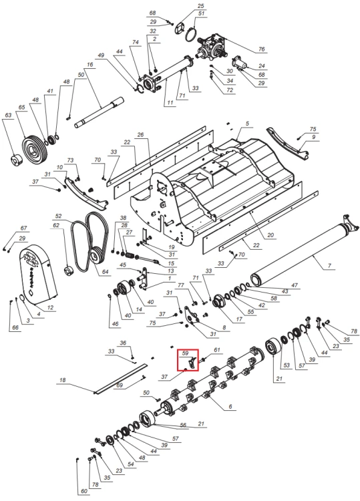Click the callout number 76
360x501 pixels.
coord(262,49)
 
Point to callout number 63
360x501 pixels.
coord(8,115)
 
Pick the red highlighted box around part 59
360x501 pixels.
coord(188,360)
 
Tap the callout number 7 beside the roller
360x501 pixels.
coord(330,265)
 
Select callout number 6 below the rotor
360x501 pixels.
coord(230,407)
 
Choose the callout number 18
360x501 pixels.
coord(63,380)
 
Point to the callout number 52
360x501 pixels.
coord(59,216)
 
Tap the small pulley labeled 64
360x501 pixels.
coord(96,257)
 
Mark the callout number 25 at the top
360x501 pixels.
coord(200,6)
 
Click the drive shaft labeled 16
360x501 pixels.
coord(99,112)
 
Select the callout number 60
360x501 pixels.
coord(83,491)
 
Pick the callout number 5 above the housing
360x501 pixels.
coord(247,124)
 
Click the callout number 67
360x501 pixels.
coord(23,228)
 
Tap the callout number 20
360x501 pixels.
coord(271,235)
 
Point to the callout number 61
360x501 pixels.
coord(217,350)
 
